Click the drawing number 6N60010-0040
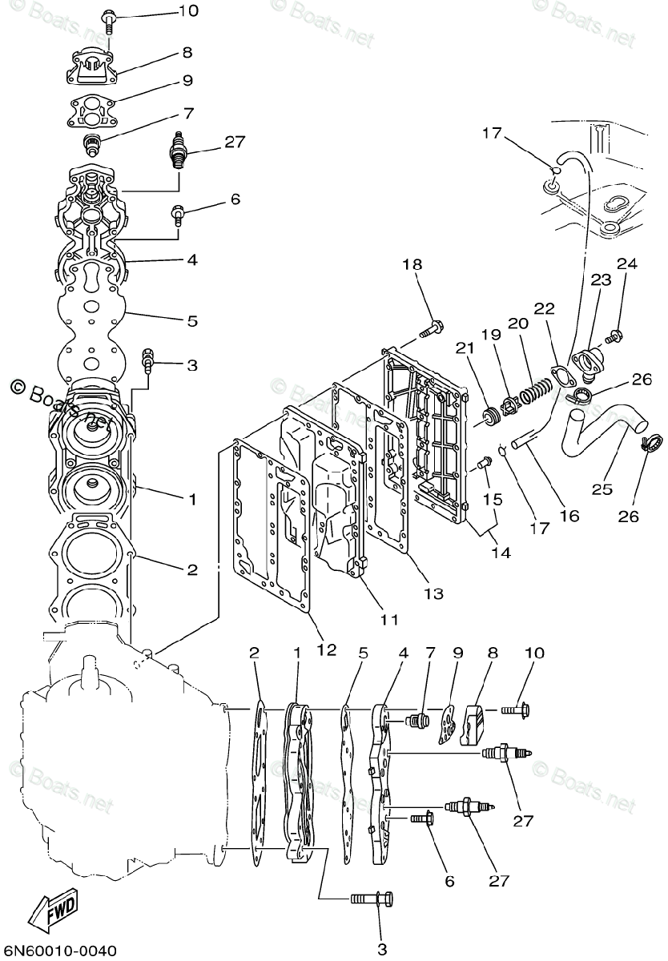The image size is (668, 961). click(x=60, y=950)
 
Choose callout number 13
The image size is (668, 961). click(x=433, y=593)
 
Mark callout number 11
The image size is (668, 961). click(x=388, y=619)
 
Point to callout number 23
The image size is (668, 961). click(x=602, y=279)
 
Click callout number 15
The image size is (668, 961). click(x=493, y=499)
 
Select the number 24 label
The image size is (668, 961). click(x=626, y=263)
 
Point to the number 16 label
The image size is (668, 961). click(x=569, y=517)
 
